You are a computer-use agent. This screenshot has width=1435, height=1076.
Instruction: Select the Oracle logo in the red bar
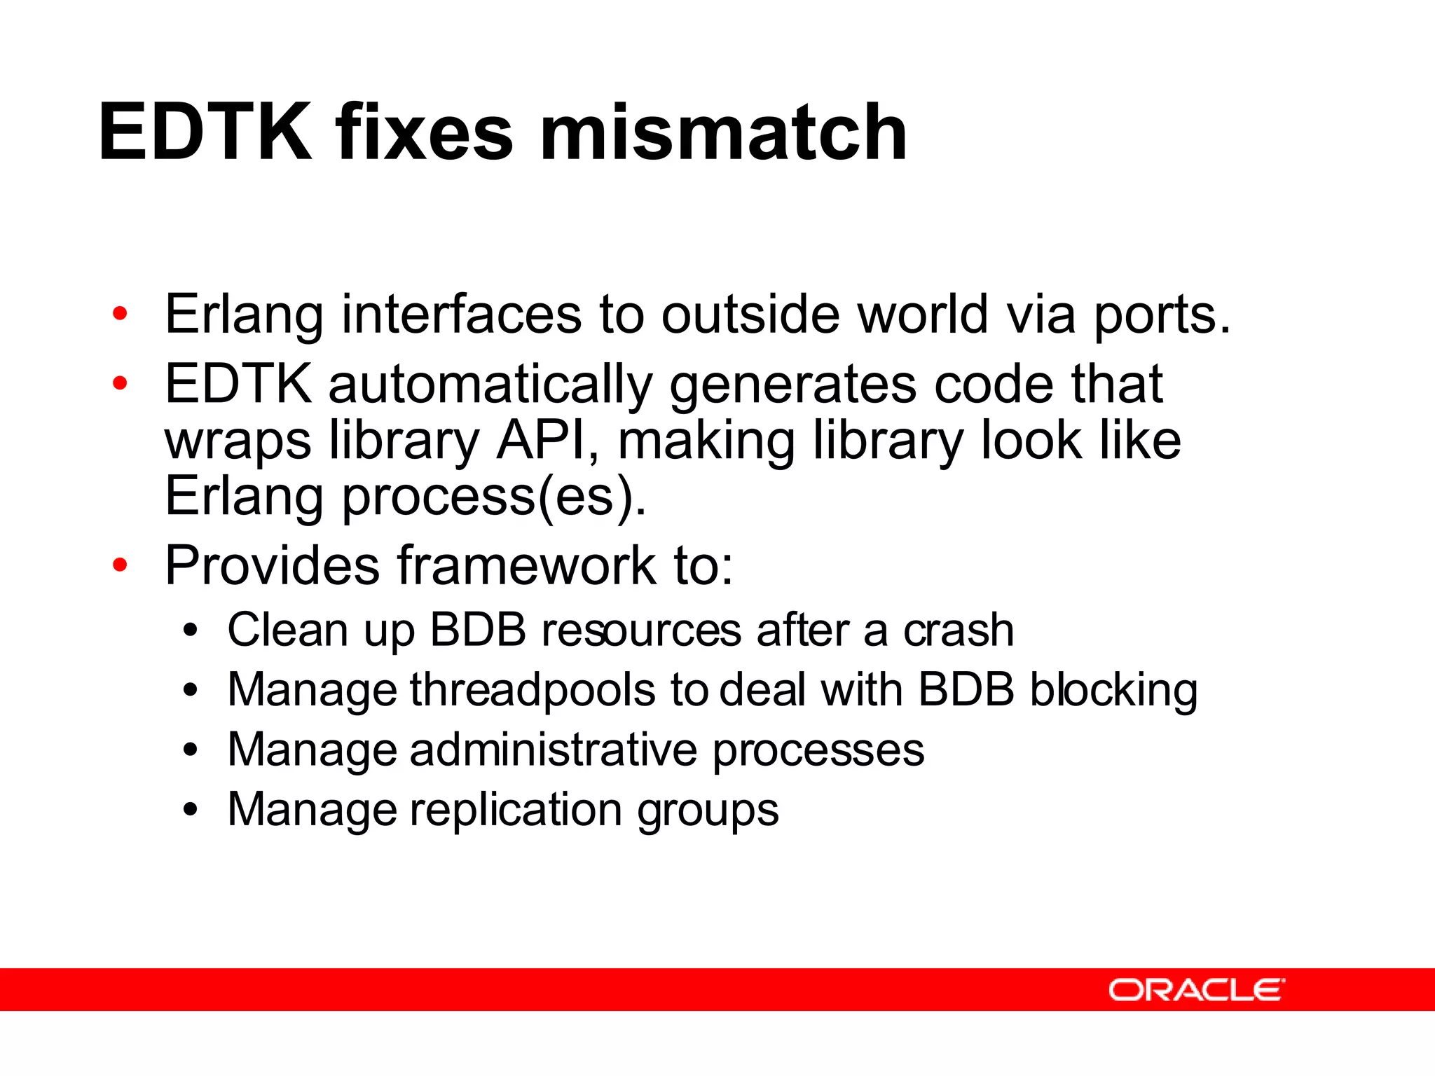[x=1196, y=990]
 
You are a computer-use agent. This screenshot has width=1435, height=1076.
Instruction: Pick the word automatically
[x=490, y=385]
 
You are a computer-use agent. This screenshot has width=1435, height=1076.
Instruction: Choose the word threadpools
[x=533, y=691]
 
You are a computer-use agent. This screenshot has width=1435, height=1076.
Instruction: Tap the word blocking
[x=1113, y=691]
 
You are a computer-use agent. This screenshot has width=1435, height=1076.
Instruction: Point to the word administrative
[x=554, y=750]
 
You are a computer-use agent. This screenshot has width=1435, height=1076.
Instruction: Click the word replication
[x=516, y=810]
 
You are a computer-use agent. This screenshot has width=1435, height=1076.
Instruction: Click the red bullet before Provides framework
[x=121, y=565]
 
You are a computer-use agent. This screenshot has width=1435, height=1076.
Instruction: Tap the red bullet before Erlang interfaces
[x=121, y=314]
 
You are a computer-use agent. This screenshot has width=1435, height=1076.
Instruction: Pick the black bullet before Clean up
[x=190, y=630]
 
